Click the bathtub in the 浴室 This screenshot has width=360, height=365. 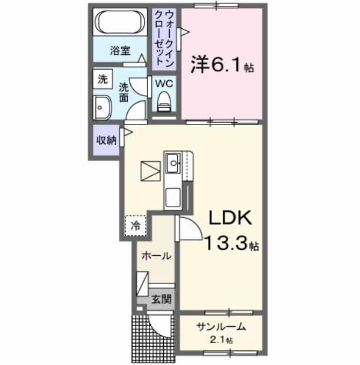120,23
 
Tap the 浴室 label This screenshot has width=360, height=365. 120,51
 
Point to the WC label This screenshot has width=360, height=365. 163,83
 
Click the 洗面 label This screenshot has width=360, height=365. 124,92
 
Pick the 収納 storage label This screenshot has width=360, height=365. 106,140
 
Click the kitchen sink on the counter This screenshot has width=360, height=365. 173,162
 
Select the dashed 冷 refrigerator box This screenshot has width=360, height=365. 136,225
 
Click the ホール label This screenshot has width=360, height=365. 156,256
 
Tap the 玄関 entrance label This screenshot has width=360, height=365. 160,299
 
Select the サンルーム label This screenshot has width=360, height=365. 221,327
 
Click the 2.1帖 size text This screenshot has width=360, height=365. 221,341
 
